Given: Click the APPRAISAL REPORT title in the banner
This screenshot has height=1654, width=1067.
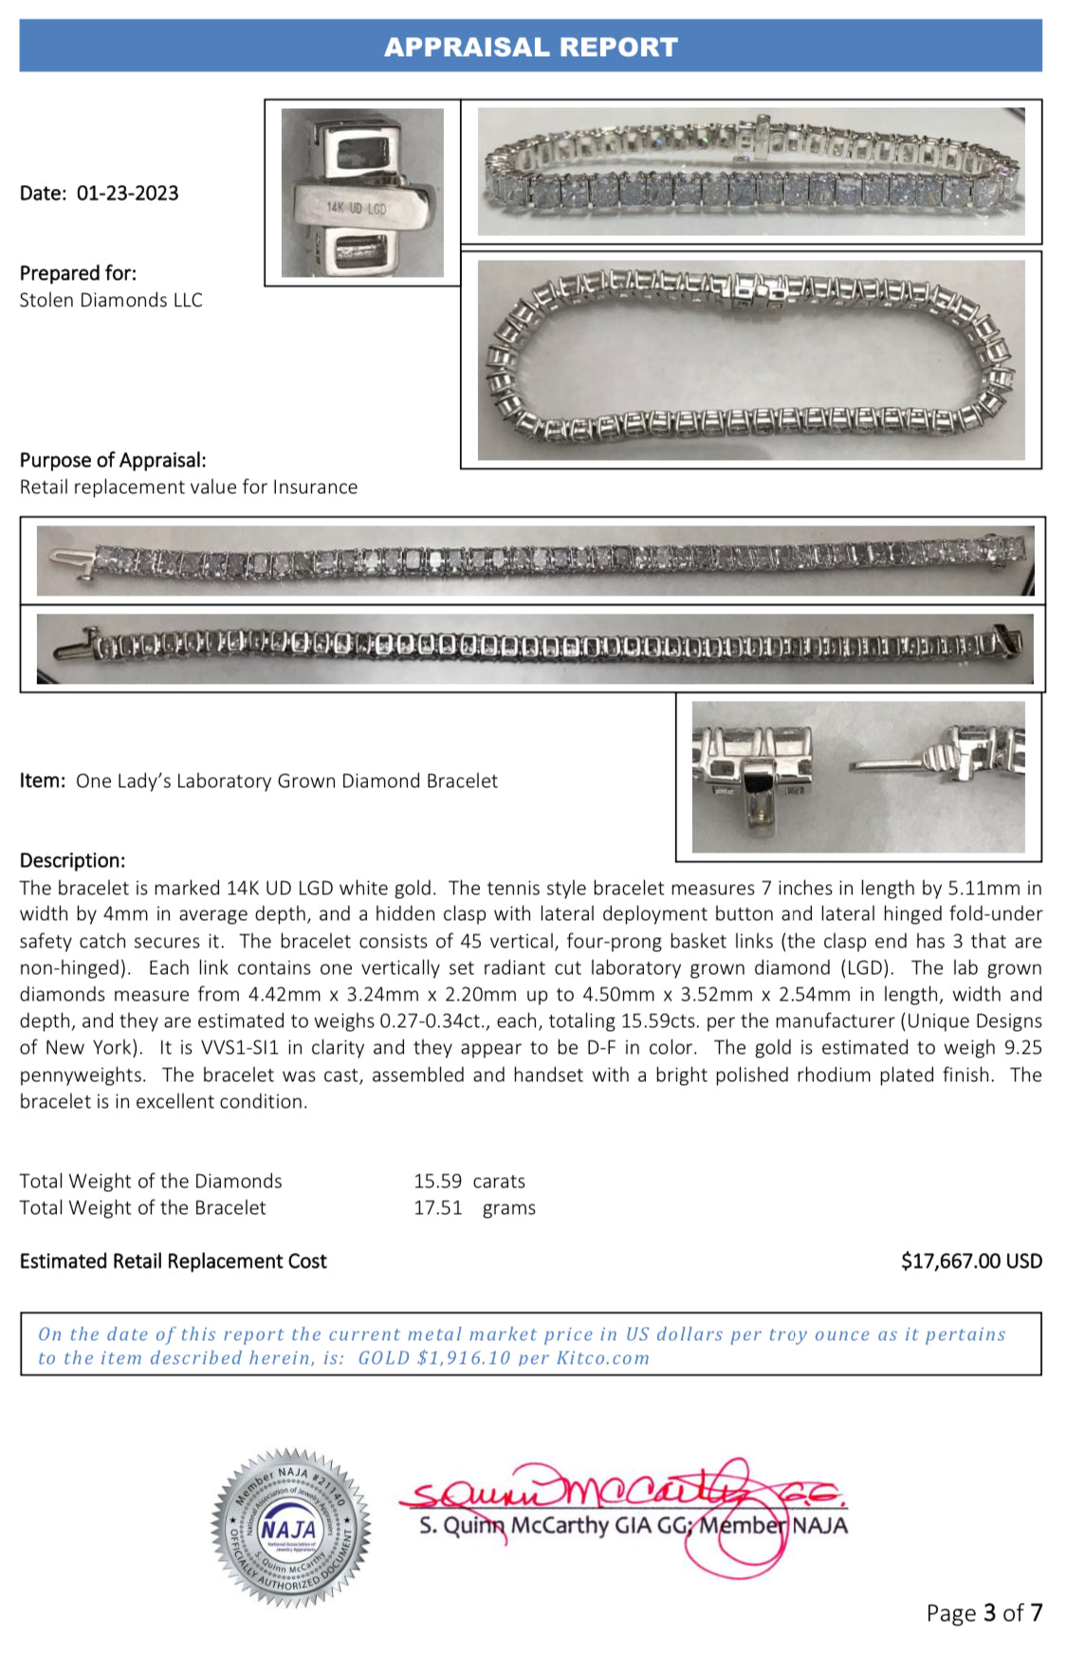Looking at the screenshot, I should [530, 46].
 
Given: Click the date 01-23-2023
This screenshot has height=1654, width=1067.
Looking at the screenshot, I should [127, 193].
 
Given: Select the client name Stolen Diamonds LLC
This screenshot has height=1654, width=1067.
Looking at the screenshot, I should [111, 301].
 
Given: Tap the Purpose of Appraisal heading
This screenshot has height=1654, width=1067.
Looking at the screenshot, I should [113, 460].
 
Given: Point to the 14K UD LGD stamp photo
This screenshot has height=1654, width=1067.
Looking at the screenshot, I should [362, 193].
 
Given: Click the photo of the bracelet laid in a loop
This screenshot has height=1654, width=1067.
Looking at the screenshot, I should [750, 360].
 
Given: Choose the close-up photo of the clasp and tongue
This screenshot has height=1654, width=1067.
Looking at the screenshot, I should [857, 777].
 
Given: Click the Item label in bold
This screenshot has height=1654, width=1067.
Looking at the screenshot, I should [43, 781].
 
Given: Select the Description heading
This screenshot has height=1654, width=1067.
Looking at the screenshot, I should [72, 860].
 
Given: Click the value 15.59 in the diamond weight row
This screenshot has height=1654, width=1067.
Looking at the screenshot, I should [437, 1181].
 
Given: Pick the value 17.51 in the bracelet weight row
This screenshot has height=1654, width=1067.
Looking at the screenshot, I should [437, 1207].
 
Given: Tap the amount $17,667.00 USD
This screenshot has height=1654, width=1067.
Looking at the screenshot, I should [970, 1261].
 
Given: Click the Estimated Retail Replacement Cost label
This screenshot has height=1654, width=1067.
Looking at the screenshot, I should [173, 1261].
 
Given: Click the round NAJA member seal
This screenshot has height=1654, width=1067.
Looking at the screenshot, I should [290, 1527].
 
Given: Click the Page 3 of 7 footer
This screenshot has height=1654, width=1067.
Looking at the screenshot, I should [984, 1612].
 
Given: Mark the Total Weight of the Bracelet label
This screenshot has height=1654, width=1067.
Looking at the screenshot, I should [142, 1207].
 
